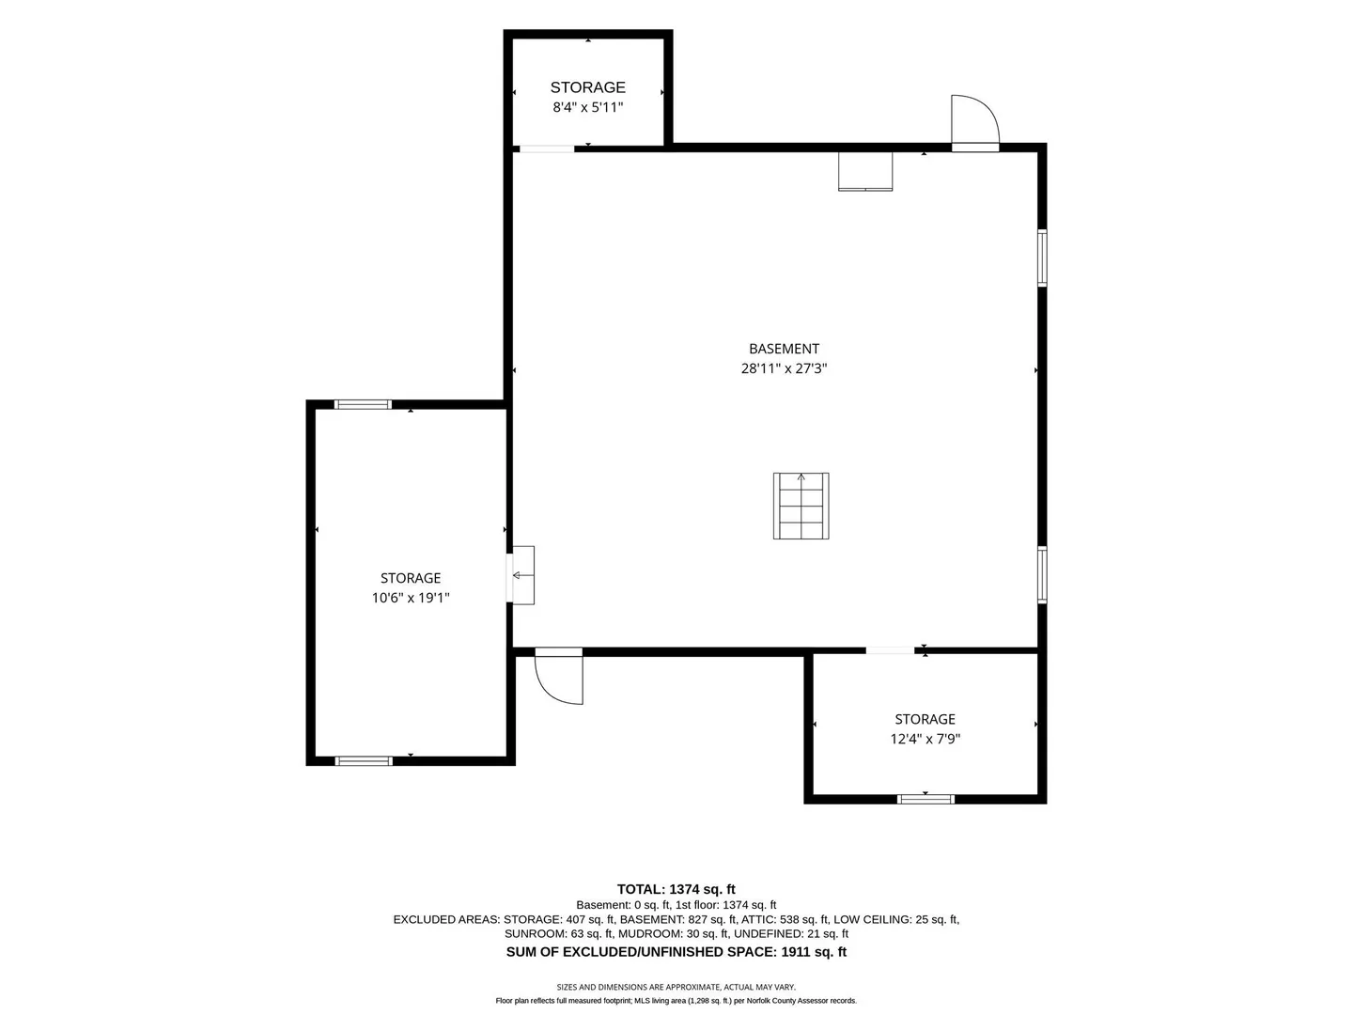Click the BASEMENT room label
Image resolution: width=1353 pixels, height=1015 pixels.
(784, 349)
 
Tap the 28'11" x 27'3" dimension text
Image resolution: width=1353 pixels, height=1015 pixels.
(784, 368)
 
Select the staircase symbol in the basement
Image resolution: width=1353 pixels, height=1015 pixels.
(801, 506)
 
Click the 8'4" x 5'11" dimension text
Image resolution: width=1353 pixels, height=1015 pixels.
(587, 107)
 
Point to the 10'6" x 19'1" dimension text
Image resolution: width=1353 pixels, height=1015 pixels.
(411, 598)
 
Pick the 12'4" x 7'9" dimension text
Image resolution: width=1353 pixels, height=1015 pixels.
(925, 739)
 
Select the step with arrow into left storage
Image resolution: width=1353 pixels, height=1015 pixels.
(521, 575)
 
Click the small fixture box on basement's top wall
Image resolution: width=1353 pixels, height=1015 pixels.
(864, 171)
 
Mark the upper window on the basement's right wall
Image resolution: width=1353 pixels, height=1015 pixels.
(1042, 258)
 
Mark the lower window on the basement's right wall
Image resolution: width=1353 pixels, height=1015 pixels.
(1042, 574)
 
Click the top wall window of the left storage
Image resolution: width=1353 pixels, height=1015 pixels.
(363, 404)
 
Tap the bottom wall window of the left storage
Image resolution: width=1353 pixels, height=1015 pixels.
(364, 761)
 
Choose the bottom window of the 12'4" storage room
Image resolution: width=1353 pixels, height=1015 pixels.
(925, 799)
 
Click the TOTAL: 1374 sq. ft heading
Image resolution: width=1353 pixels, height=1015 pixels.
(676, 889)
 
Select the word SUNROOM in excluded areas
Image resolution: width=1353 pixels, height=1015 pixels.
(535, 933)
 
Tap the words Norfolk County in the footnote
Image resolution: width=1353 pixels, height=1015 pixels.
(770, 1001)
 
